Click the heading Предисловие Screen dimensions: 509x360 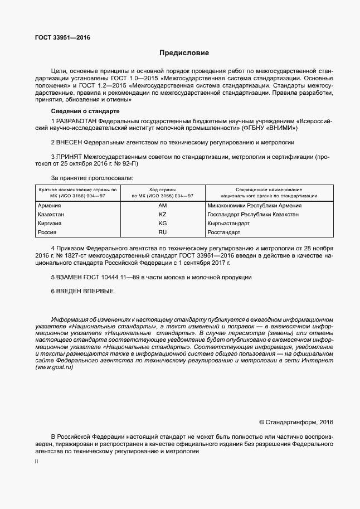[184, 54]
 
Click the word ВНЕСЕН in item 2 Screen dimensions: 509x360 [71, 143]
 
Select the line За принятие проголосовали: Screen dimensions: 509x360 [92, 178]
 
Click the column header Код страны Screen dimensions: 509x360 [163, 190]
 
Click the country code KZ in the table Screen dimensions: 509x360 [163, 214]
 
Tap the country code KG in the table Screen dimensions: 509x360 [163, 223]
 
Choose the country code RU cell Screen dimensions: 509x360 [163, 232]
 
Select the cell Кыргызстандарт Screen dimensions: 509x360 [228, 223]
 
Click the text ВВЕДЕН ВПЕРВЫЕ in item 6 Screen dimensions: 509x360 [85, 291]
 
